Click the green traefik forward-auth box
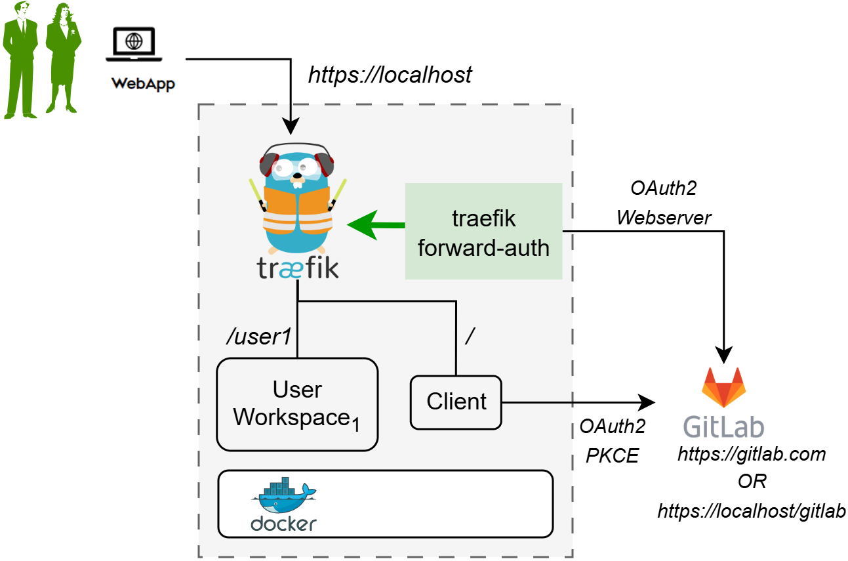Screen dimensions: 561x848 (x=483, y=232)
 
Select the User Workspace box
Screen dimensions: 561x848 (x=297, y=404)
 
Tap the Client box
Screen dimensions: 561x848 (x=456, y=402)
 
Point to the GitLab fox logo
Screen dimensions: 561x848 (x=723, y=388)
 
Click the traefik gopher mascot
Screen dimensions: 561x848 (x=298, y=200)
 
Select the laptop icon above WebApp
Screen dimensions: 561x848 (x=134, y=44)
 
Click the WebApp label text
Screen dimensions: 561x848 (x=143, y=84)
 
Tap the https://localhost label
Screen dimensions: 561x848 (x=390, y=75)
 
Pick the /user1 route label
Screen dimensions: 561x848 (x=258, y=337)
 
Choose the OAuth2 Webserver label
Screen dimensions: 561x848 (x=663, y=203)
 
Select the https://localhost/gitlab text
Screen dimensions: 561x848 (x=752, y=511)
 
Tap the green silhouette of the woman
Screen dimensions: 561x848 (x=63, y=59)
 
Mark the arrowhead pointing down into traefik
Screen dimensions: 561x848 (x=291, y=125)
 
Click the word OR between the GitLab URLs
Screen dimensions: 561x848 (x=752, y=482)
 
